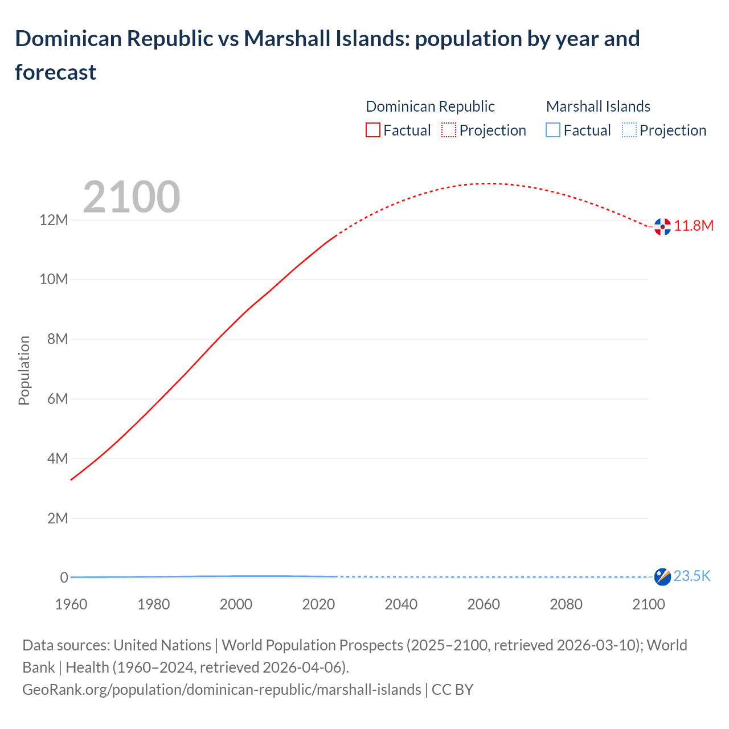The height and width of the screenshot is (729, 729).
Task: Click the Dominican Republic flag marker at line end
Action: (662, 227)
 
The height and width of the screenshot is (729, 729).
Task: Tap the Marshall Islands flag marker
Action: (662, 576)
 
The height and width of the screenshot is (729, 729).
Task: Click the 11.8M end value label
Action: (694, 226)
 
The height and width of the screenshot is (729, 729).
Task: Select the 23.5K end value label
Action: (692, 576)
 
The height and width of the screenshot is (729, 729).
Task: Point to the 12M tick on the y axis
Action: (54, 220)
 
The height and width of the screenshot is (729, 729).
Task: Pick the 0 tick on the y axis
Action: (64, 578)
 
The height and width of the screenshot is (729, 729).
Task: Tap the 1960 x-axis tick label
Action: (71, 604)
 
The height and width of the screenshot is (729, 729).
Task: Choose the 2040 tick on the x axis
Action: (401, 604)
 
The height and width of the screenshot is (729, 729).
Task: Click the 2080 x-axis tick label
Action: (566, 604)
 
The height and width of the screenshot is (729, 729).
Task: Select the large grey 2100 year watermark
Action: (132, 197)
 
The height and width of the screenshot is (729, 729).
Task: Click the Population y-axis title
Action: (24, 370)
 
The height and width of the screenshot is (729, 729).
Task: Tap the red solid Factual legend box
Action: (373, 130)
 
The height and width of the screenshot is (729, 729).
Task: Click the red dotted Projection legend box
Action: (449, 130)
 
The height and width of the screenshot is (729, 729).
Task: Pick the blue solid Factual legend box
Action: (553, 130)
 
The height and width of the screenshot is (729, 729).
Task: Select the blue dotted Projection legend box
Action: (629, 130)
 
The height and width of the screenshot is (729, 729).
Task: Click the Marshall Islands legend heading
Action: (598, 107)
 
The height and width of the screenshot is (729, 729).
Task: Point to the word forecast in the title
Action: (56, 72)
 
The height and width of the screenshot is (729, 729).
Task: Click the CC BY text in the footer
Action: (452, 690)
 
